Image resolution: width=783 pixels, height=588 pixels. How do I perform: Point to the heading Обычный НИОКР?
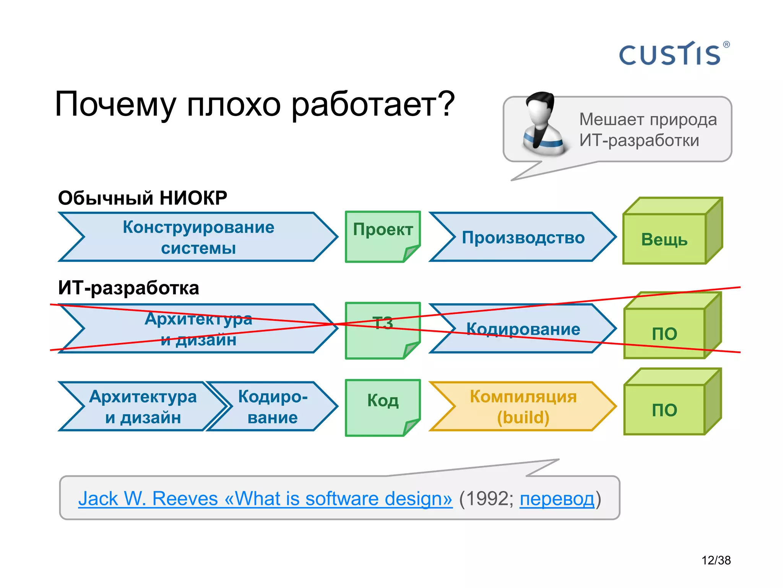[142, 198]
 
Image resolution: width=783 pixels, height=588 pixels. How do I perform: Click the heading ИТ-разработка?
[128, 288]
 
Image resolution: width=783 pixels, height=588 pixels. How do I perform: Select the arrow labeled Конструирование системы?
[198, 237]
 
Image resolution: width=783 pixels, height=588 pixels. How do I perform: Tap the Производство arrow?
[523, 237]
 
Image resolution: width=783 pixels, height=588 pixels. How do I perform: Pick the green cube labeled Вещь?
[664, 239]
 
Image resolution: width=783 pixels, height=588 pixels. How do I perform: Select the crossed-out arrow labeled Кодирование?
[523, 329]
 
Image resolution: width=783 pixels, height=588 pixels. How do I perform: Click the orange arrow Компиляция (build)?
[523, 407]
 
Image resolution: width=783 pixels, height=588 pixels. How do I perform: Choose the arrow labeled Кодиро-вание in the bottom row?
[272, 407]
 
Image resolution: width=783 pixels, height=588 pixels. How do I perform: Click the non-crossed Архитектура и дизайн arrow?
[142, 407]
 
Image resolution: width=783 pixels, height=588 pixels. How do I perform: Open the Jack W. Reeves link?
[265, 499]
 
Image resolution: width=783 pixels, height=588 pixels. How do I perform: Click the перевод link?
[557, 499]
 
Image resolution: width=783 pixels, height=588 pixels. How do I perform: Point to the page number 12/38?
[716, 560]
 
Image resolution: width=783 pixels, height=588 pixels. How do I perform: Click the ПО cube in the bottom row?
[664, 410]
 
